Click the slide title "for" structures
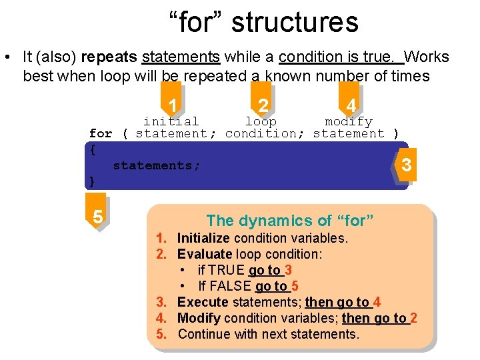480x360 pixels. pyautogui.click(x=263, y=21)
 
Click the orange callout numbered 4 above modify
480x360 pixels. pyautogui.click(x=350, y=105)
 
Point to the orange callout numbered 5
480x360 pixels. pyautogui.click(x=97, y=217)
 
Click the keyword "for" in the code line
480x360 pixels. pyautogui.click(x=101, y=133)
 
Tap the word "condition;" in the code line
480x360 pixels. pyautogui.click(x=265, y=133)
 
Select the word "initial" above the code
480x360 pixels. pyautogui.click(x=171, y=121)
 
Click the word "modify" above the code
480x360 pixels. pyautogui.click(x=348, y=121)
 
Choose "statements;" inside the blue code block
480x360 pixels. pyautogui.click(x=157, y=165)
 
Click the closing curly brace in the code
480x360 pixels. pyautogui.click(x=93, y=181)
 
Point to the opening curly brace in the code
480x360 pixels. pyautogui.click(x=93, y=149)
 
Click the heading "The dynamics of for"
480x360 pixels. pyautogui.click(x=290, y=220)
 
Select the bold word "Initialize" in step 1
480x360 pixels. pyautogui.click(x=203, y=238)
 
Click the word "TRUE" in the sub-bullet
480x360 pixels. pyautogui.click(x=227, y=270)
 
